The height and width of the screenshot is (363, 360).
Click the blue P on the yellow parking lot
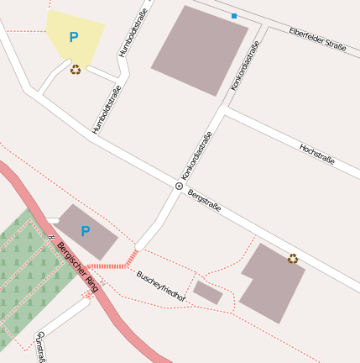pos(73,37)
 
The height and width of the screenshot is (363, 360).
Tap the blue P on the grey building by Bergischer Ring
pos(85,231)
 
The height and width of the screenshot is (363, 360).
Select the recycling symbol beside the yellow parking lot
pos(76,70)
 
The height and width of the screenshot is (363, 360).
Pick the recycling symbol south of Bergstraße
pos(293,258)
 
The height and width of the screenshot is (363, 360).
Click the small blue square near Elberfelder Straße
pos(234,16)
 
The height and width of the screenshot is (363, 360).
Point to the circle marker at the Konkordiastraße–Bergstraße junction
pos(179,186)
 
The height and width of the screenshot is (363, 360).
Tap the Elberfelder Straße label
pos(317,39)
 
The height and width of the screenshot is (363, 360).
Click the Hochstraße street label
pos(317,153)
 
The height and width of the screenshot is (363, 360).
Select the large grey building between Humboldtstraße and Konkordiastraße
pos(200,50)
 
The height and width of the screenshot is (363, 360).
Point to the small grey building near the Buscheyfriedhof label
pos(208,292)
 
